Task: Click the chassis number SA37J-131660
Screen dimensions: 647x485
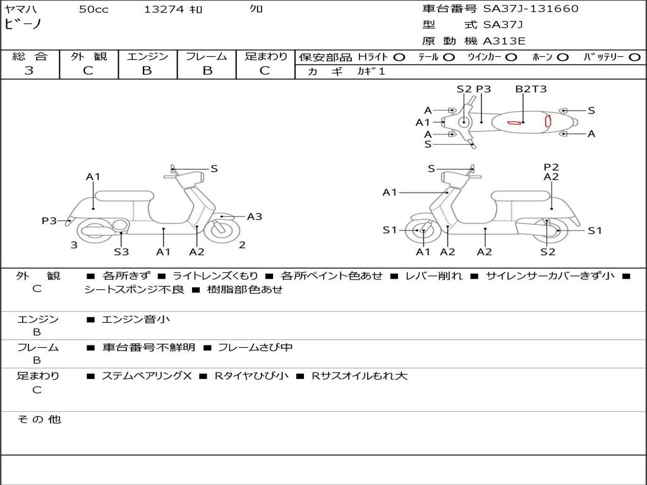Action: coord(531,8)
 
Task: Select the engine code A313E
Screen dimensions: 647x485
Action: coord(504,41)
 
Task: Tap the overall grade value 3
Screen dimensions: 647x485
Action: coord(29,71)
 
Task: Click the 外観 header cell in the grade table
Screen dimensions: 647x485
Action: coord(88,56)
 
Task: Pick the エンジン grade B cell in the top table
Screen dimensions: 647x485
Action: coord(147,71)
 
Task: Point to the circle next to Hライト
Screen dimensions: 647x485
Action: coord(399,57)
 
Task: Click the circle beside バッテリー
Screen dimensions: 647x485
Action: coord(634,57)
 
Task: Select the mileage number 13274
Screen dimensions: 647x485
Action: coord(164,9)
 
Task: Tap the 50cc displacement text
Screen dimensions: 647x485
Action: coord(94,9)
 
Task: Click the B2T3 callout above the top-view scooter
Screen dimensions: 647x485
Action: coord(531,88)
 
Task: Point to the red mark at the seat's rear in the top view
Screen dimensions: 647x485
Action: coord(548,121)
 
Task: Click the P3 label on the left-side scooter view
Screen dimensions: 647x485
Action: coord(49,220)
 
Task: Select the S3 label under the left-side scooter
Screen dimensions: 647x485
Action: coord(121,251)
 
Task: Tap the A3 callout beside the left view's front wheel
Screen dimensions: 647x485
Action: coord(255,217)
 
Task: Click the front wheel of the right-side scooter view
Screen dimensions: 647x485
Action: coord(420,230)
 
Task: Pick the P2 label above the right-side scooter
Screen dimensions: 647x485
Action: coord(551,167)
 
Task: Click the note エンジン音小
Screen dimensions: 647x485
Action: coord(136,319)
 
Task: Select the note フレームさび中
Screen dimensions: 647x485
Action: coord(255,347)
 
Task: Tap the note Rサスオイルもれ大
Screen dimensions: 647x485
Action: coord(359,376)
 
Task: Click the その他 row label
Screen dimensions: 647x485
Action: coord(39,419)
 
